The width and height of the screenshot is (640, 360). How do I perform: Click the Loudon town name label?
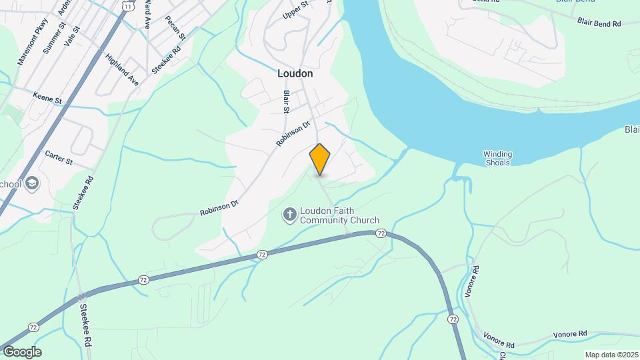point(295,74)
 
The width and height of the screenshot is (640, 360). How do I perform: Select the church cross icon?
point(289,214)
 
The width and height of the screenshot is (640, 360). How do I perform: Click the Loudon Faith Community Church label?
point(339,215)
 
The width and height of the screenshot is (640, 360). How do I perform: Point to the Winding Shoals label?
point(497,158)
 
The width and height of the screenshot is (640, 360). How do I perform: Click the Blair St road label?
point(286,101)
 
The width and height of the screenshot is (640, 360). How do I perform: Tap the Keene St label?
point(47,98)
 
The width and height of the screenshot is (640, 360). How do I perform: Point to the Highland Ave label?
point(121,69)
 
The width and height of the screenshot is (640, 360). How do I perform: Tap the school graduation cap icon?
point(33,183)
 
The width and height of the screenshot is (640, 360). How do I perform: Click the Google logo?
point(22,352)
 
